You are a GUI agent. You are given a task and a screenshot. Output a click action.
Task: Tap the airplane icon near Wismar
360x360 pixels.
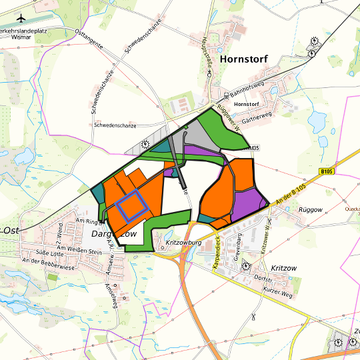(x=22, y=18)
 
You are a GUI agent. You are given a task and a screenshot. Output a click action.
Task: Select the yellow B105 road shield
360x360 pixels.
(x=326, y=171)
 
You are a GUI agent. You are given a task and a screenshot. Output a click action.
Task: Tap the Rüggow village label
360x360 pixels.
(x=310, y=209)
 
